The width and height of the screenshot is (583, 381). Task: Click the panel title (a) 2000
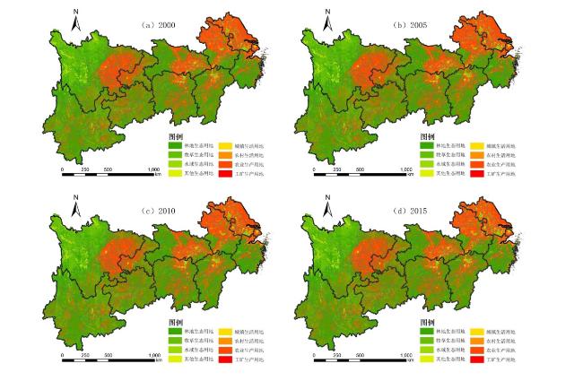click(x=158, y=24)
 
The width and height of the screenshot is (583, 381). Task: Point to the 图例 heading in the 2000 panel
click(x=175, y=135)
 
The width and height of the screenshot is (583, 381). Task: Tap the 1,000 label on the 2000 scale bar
click(x=153, y=168)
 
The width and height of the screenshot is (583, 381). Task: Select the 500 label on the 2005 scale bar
click(x=361, y=168)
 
